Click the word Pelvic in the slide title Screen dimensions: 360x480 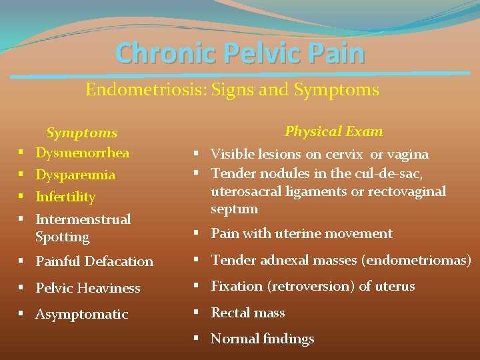click(249, 53)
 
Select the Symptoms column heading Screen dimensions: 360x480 click(81, 133)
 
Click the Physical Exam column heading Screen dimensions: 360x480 click(333, 131)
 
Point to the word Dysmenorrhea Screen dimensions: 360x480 click(82, 153)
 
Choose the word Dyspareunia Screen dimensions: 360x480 click(75, 175)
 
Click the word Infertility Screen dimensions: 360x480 click(65, 197)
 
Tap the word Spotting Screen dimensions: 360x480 click(62, 237)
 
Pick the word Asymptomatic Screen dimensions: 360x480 click(81, 314)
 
